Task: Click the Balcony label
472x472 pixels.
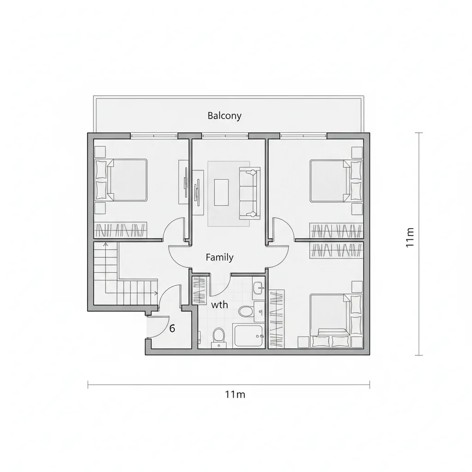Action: point(224,116)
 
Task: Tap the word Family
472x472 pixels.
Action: point(219,257)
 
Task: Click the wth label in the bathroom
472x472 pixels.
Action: point(219,305)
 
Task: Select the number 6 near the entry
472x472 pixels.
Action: point(172,328)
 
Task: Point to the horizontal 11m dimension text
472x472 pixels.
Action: point(235,395)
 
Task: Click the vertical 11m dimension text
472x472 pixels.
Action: point(410,237)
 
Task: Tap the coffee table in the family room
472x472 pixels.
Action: point(221,192)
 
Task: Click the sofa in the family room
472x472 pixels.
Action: point(249,193)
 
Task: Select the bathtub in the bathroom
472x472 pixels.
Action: point(248,336)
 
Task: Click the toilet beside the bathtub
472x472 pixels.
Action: point(218,336)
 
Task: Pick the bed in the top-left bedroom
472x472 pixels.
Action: point(121,180)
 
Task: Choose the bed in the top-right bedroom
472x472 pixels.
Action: point(336,181)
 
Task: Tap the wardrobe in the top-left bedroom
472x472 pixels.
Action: point(121,230)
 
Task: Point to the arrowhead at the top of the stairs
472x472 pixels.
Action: point(106,244)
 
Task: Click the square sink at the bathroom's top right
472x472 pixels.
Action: point(258,288)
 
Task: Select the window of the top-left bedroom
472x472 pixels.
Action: point(154,136)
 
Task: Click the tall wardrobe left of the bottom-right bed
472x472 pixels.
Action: point(277,319)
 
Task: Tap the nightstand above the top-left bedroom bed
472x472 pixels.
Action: point(100,152)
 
